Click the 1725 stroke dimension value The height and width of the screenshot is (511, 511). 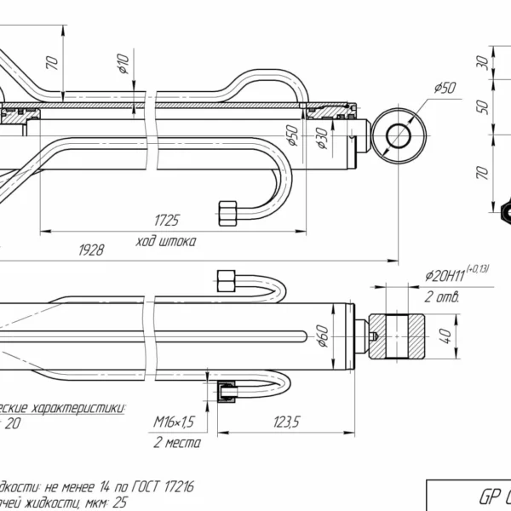click(x=167, y=220)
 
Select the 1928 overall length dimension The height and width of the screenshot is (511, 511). click(x=91, y=250)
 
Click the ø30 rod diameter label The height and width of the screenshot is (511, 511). click(x=323, y=135)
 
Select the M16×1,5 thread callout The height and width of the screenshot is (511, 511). click(x=175, y=422)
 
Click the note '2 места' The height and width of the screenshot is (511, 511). click(x=176, y=443)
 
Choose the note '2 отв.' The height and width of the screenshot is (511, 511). click(x=442, y=297)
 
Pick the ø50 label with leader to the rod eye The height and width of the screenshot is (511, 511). click(x=445, y=87)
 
